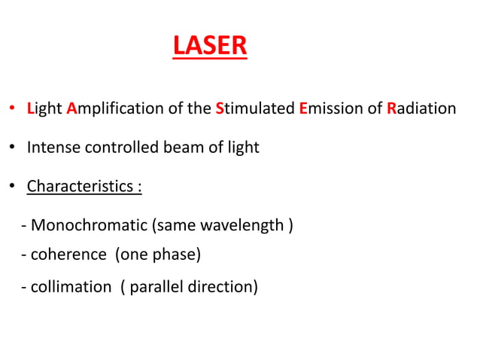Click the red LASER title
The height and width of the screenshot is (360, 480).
(x=209, y=46)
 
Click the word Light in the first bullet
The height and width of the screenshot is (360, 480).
(x=44, y=108)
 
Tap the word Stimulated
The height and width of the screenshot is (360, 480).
(x=254, y=108)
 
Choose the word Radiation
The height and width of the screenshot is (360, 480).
(x=421, y=108)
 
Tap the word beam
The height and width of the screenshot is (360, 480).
(x=180, y=148)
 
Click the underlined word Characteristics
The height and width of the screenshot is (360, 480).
(x=81, y=186)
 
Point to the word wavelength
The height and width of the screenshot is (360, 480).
(x=242, y=225)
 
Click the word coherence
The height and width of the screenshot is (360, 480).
(x=68, y=255)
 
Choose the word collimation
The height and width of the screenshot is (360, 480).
(x=71, y=287)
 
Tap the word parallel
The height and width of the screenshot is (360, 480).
(x=156, y=287)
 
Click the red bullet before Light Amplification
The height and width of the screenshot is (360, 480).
(x=13, y=110)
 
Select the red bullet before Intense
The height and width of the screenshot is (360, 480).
(x=13, y=148)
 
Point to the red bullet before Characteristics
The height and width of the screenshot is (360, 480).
(x=13, y=187)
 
